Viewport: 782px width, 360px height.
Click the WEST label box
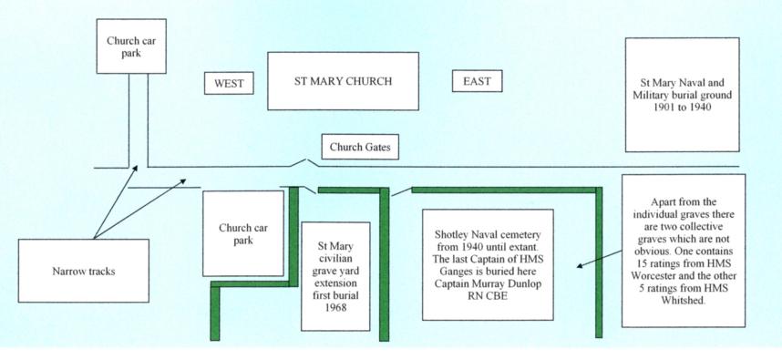(229, 83)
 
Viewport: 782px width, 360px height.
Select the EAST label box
(478, 81)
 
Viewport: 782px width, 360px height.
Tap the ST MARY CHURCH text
(343, 81)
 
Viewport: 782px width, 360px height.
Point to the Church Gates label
(360, 147)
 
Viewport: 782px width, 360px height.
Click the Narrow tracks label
(84, 271)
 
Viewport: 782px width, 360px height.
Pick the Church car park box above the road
(131, 46)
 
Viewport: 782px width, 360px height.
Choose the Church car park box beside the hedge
(243, 233)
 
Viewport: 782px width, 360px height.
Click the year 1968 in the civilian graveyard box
(335, 308)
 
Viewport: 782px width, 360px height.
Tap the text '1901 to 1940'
(682, 107)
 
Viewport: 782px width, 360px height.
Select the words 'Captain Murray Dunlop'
(488, 284)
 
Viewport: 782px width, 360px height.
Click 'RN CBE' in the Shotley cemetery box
(488, 297)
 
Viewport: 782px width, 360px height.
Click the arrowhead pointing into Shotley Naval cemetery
(580, 266)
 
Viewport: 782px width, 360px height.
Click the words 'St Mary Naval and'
(682, 83)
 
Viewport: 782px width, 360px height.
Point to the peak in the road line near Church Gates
(306, 160)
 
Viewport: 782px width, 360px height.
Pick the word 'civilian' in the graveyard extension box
(335, 259)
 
